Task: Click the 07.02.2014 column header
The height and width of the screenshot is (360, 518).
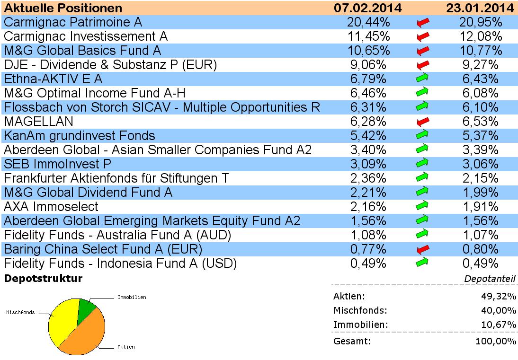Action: pos(367,8)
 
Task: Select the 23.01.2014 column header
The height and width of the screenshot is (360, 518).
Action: pos(480,8)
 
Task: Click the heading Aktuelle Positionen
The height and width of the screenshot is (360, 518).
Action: pos(63,8)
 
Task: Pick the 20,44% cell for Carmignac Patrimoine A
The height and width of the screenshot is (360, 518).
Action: pos(368,22)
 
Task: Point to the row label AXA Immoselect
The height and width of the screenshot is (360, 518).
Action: pos(51,207)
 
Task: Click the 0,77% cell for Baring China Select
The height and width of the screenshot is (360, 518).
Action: pos(368,249)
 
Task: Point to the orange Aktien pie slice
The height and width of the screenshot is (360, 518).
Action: pos(85,334)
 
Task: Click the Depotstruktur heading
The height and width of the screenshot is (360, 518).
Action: pos(43,279)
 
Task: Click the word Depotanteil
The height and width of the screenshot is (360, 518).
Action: pos(490,279)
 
